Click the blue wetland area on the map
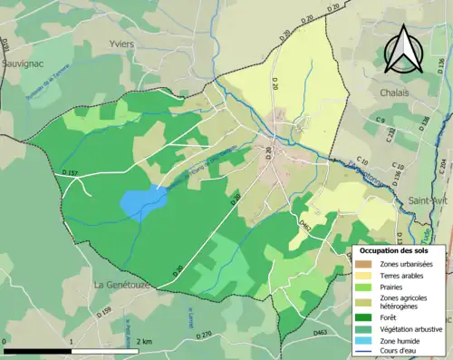(141, 201)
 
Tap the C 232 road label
(391, 136)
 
